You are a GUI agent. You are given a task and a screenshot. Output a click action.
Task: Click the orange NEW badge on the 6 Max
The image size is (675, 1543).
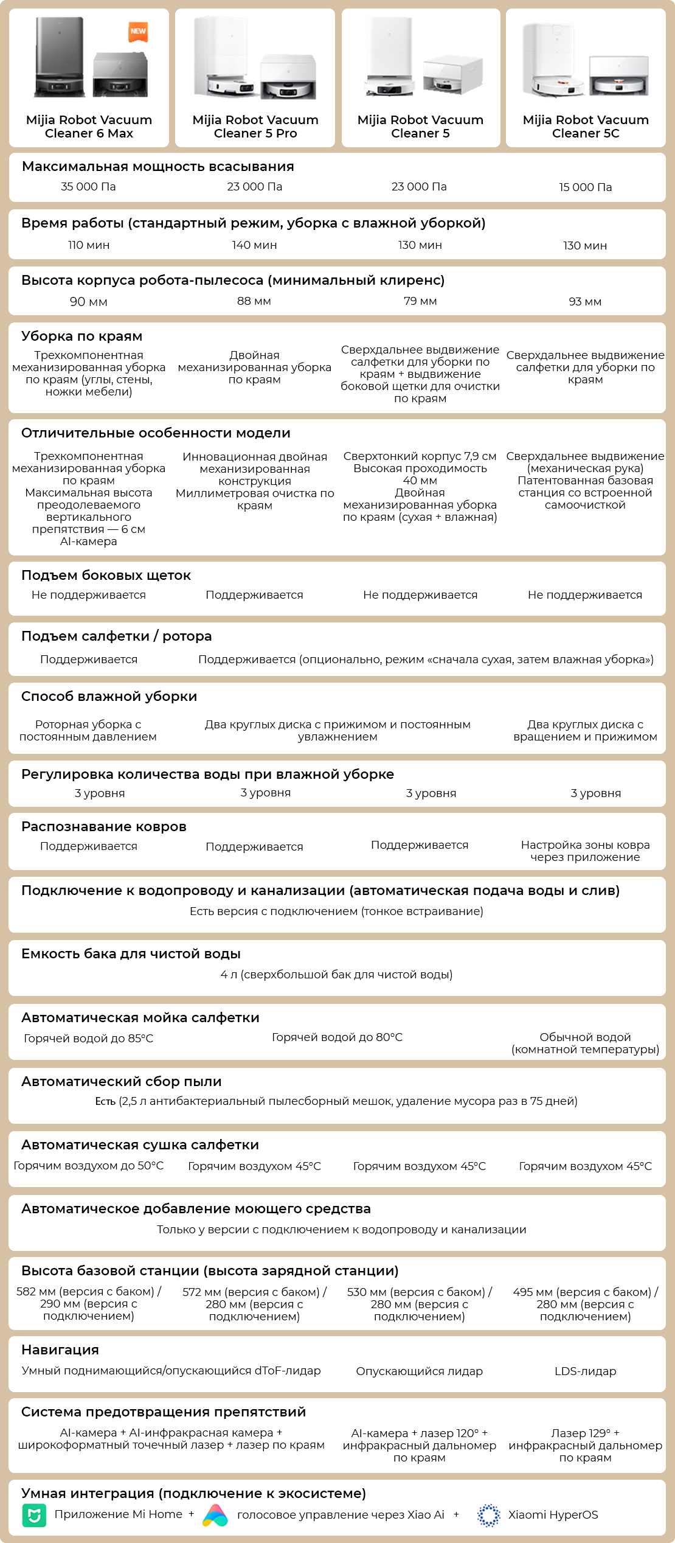pyautogui.click(x=138, y=32)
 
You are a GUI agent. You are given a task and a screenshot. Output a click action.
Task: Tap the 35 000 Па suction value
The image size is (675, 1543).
pyautogui.click(x=88, y=187)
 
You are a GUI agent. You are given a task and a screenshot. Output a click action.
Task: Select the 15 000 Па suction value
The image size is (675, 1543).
pyautogui.click(x=585, y=187)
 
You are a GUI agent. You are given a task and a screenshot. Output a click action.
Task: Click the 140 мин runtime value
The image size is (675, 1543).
pyautogui.click(x=254, y=245)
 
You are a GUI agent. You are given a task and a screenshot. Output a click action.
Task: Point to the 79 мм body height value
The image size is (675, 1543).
pyautogui.click(x=420, y=301)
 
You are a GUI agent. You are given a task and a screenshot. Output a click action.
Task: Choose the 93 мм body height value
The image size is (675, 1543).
pyautogui.click(x=585, y=302)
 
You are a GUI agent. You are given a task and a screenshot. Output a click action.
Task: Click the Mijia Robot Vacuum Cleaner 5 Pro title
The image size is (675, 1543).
pyautogui.click(x=255, y=127)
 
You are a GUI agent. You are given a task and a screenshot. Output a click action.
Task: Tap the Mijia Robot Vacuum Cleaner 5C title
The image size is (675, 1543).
pyautogui.click(x=585, y=127)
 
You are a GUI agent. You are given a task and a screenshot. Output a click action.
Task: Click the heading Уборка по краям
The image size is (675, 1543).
pyautogui.click(x=81, y=336)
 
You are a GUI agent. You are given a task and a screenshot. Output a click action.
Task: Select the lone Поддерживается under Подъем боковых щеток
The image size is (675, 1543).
pyautogui.click(x=254, y=595)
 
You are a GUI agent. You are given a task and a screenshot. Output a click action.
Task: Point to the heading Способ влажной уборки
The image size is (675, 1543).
pyautogui.click(x=109, y=697)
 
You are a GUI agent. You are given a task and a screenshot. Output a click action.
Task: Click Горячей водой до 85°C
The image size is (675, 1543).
pyautogui.click(x=88, y=1039)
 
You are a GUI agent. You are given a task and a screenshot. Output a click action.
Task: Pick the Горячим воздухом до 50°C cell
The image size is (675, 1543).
pyautogui.click(x=88, y=1166)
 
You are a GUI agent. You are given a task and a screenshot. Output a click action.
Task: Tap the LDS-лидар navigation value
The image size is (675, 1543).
pyautogui.click(x=585, y=1371)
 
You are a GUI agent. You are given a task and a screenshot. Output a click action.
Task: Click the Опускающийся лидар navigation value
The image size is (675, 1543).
pyautogui.click(x=419, y=1371)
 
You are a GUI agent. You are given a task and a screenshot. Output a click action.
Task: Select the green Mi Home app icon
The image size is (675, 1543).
pyautogui.click(x=34, y=1515)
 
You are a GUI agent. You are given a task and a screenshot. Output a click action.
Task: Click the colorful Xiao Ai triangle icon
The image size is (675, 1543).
pyautogui.click(x=215, y=1515)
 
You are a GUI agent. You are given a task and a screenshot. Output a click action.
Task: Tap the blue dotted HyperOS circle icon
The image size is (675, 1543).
pyautogui.click(x=488, y=1515)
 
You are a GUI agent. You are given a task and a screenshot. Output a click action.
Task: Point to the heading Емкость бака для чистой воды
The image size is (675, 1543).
pyautogui.click(x=131, y=954)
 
